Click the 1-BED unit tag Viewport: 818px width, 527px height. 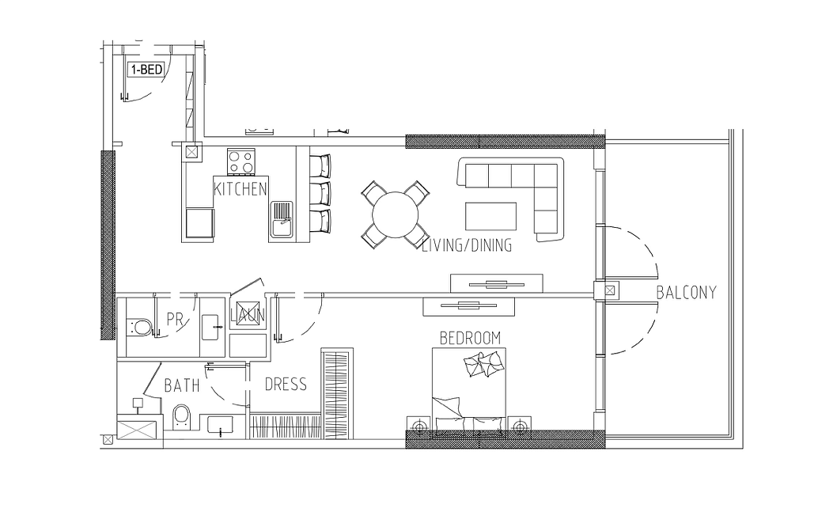coord(146,69)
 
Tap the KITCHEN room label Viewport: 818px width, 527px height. coord(240,188)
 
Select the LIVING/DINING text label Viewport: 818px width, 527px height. coord(467,245)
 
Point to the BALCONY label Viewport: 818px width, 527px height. coord(686,292)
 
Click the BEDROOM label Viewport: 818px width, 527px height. coord(470,338)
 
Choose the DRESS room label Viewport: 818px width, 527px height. coord(286,385)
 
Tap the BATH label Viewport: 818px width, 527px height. coord(182,385)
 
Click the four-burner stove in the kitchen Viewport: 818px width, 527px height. coord(241,161)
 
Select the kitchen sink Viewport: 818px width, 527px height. coord(282,220)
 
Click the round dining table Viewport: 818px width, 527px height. coord(395,215)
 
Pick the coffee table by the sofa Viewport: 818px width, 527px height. coord(491,216)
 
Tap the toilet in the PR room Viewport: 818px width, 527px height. coord(139,327)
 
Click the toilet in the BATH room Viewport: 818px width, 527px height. coord(181,417)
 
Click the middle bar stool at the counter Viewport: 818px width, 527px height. coord(320,194)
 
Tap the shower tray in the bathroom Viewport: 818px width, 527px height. coord(137,430)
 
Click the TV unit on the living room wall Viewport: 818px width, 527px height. coord(497,283)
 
